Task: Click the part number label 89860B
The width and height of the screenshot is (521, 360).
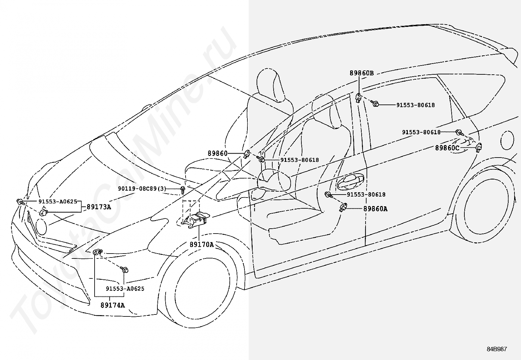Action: pyautogui.click(x=362, y=73)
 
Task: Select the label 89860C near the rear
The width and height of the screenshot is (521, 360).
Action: pyautogui.click(x=447, y=148)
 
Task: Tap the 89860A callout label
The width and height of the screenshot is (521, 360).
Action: pyautogui.click(x=375, y=209)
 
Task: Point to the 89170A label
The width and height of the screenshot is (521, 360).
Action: pyautogui.click(x=202, y=244)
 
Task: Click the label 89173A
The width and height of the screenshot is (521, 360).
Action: pyautogui.click(x=99, y=207)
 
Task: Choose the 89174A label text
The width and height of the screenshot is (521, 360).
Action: pyautogui.click(x=113, y=305)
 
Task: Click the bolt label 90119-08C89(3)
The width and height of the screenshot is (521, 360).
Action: pyautogui.click(x=142, y=189)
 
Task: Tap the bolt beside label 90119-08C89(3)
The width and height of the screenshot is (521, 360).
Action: pyautogui.click(x=183, y=190)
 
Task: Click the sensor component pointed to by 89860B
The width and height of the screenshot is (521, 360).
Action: pyautogui.click(x=358, y=98)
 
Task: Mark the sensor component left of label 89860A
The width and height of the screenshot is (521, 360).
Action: pyautogui.click(x=343, y=207)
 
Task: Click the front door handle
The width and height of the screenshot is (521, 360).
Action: pyautogui.click(x=350, y=181)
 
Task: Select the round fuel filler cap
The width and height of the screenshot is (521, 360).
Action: pyautogui.click(x=507, y=140)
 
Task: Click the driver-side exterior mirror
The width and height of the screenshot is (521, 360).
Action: pyautogui.click(x=274, y=180)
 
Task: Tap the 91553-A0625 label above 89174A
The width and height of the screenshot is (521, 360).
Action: pyautogui.click(x=125, y=289)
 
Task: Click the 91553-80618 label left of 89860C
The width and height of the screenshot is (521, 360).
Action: pyautogui.click(x=421, y=132)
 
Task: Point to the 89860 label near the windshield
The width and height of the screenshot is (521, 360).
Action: pyautogui.click(x=218, y=153)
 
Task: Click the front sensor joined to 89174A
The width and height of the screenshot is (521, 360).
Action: pyautogui.click(x=98, y=252)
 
